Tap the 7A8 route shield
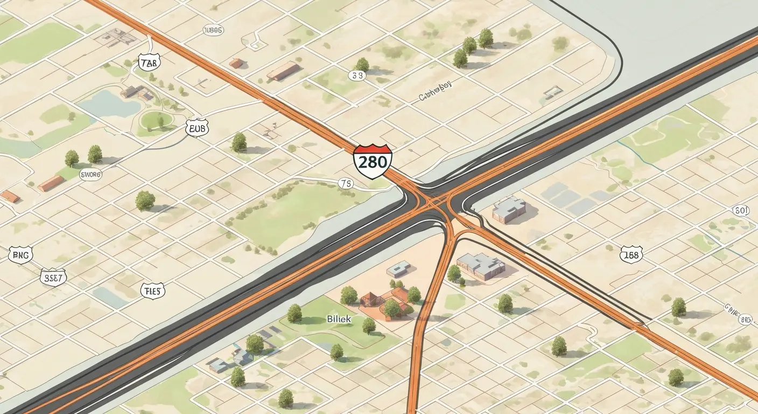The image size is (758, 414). tap(149, 63)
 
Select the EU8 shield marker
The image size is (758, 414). tap(196, 128)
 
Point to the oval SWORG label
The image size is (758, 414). tap(90, 174)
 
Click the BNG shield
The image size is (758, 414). tap(21, 254)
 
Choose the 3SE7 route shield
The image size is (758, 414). tap(53, 277)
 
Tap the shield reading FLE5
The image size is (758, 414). tap(152, 291)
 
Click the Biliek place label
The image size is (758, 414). tap(339, 319)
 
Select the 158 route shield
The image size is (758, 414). tap(630, 254)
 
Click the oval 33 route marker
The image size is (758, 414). tap(357, 75)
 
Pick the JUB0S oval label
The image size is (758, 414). tap(213, 30)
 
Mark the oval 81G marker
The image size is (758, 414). tap(745, 320)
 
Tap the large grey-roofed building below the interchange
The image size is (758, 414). tap(480, 265)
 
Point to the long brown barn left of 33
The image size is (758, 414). tap(283, 71)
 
